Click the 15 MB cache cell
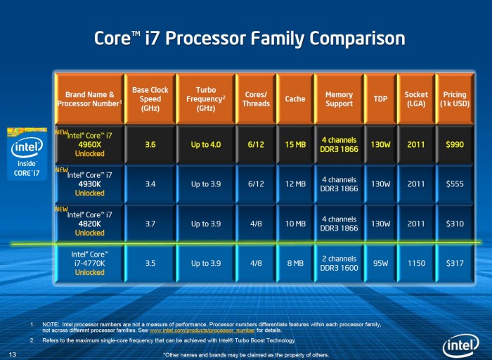tap(295, 145)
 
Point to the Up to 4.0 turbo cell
tap(205, 145)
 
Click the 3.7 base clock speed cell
tap(150, 224)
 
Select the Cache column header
tap(295, 99)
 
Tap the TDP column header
tap(380, 99)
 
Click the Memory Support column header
tap(339, 99)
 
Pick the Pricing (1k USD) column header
tap(455, 99)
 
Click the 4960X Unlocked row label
tap(89, 145)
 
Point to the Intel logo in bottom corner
tap(461, 345)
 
